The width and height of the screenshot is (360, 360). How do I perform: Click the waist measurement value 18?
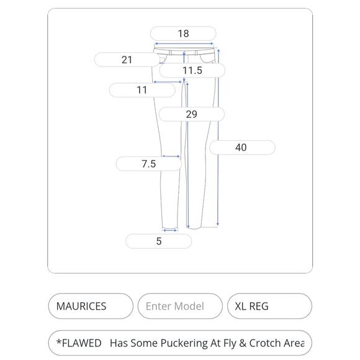tap(184, 34)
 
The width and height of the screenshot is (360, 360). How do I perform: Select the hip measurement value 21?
tap(127, 60)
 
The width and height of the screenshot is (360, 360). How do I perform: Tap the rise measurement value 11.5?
tap(192, 70)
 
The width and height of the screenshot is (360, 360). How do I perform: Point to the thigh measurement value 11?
tap(142, 90)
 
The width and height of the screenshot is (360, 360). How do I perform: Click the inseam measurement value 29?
tap(191, 114)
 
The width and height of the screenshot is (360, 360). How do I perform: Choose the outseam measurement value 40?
tap(241, 147)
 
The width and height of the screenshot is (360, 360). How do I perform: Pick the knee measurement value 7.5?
tap(148, 164)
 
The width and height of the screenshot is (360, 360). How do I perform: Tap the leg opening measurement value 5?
tap(159, 241)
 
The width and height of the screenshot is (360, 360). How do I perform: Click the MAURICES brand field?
tap(91, 306)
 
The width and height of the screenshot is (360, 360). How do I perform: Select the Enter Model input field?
tap(180, 306)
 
